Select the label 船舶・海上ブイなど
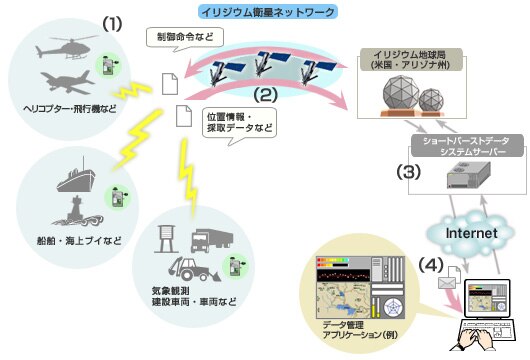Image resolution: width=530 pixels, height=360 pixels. tap(69, 242)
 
